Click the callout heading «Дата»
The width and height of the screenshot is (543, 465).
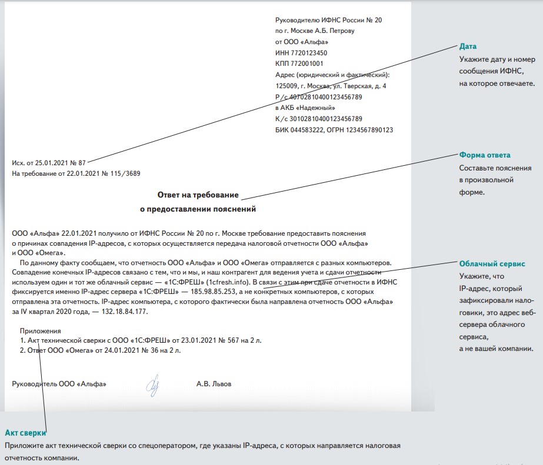tap(468, 46)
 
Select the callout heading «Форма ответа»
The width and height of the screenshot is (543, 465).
tap(485, 155)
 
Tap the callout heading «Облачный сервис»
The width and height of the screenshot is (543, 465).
tap(492, 265)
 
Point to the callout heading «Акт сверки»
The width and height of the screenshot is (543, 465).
tap(25, 433)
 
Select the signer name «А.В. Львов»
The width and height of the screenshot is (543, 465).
tap(214, 384)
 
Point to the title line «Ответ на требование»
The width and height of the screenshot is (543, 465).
tap(198, 195)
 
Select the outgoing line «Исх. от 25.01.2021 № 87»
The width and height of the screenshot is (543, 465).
tap(49, 162)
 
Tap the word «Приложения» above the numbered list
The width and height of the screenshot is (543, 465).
tap(41, 332)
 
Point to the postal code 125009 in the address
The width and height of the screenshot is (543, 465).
tap(288, 86)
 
